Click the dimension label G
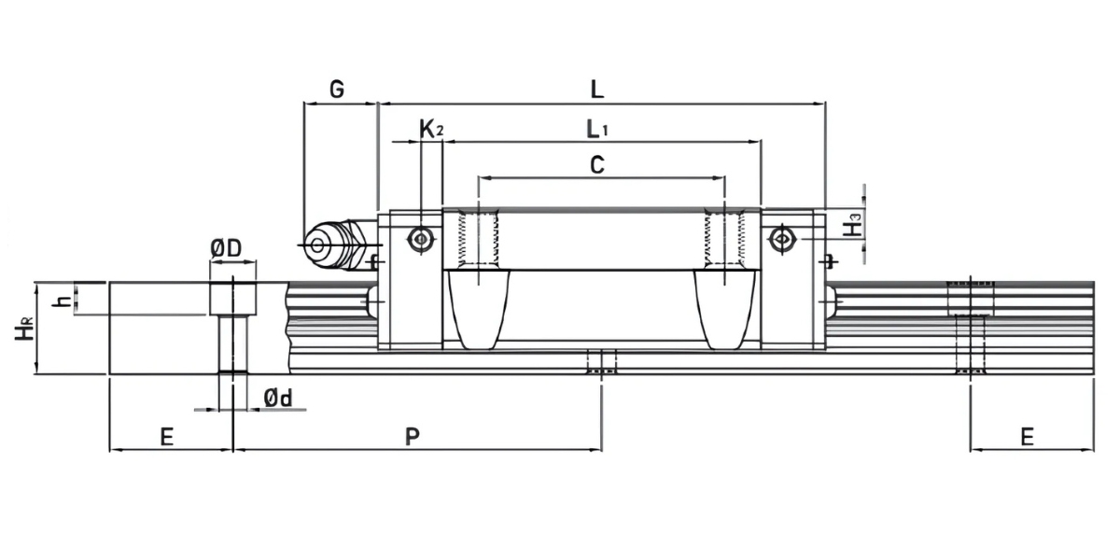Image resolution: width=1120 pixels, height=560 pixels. point(338,90)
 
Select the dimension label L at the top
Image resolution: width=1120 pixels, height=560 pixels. point(597,90)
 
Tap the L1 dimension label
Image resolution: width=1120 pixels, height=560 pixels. point(597,129)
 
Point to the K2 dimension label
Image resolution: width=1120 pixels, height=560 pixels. point(430,129)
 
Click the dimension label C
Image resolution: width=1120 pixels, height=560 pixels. point(597,165)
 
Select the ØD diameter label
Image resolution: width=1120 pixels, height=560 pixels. point(226,248)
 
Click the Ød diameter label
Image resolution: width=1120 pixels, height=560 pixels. point(278,399)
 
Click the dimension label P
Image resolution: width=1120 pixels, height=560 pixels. point(412,436)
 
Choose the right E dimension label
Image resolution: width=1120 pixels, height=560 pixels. point(1027,436)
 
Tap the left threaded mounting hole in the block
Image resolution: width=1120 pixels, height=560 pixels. point(478,239)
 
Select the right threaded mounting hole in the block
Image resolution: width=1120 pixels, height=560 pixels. point(725,239)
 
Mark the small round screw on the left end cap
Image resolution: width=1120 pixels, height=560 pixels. point(422,240)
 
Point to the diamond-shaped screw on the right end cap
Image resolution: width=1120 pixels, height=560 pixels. point(780,240)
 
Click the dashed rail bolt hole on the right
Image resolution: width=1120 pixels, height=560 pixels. point(971,327)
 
